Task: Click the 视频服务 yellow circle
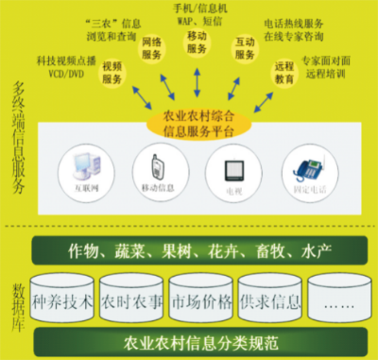(x=111, y=74)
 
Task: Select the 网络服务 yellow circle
(x=150, y=49)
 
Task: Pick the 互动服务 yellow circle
(x=244, y=48)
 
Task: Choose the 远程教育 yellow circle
(x=283, y=74)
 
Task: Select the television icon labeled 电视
(x=232, y=170)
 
